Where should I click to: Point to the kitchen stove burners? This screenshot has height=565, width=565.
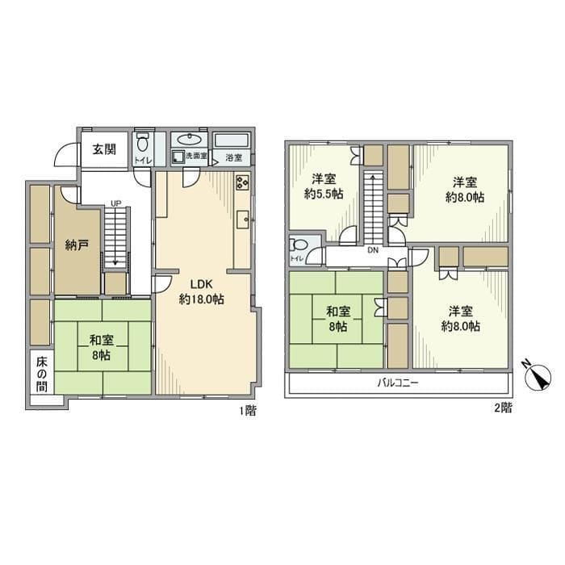tap(243, 184)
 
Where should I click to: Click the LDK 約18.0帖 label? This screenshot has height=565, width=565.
tap(202, 291)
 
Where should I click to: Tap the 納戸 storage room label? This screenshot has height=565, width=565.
tap(77, 245)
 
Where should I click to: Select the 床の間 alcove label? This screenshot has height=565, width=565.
tap(41, 371)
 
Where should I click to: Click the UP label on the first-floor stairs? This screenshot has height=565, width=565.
tap(117, 203)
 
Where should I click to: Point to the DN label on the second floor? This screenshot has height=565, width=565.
tap(373, 251)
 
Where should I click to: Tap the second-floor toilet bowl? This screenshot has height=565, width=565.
tap(299, 245)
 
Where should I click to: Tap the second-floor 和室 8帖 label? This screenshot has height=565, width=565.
tap(338, 319)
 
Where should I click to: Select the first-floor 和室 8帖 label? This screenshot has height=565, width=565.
tap(102, 347)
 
